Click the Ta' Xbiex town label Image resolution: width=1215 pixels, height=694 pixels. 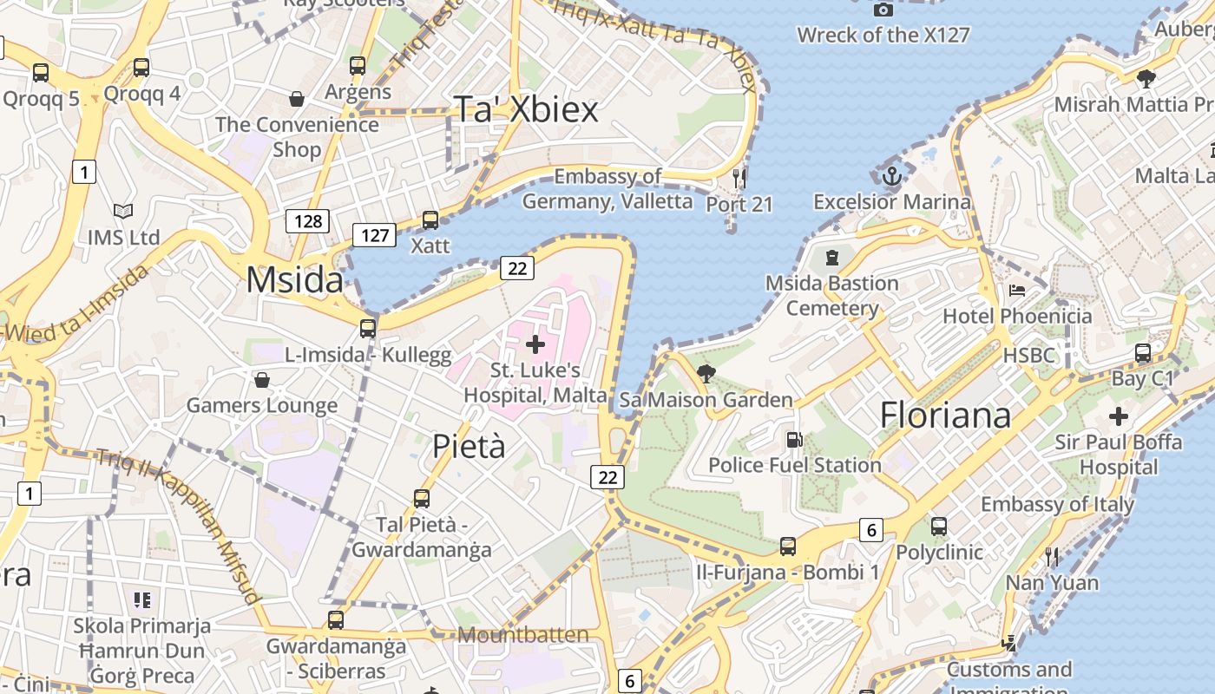tap(527, 110)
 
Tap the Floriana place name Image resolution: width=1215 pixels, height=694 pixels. tap(945, 415)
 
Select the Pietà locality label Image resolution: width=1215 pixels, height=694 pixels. tap(469, 446)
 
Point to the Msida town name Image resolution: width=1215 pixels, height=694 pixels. tap(294, 280)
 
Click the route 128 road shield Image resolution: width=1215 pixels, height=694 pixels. tap(308, 221)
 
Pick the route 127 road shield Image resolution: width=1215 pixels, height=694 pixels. tap(374, 234)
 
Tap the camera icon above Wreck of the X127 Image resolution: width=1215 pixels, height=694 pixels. tap(883, 10)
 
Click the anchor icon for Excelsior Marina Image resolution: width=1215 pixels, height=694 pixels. tap(892, 177)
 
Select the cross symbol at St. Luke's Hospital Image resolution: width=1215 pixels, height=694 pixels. tap(535, 344)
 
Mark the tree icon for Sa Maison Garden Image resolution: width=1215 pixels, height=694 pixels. tap(706, 374)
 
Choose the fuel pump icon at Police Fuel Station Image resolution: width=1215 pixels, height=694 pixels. tap(794, 440)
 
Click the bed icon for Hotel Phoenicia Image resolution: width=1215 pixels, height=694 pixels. tap(1017, 290)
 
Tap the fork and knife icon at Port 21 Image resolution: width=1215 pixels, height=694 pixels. tap(739, 179)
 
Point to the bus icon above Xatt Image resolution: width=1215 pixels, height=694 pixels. tap(430, 220)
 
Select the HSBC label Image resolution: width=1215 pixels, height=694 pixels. tap(1029, 355)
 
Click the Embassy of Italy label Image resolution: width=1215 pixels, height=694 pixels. tap(1057, 504)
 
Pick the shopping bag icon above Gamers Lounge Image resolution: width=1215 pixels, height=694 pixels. tap(261, 380)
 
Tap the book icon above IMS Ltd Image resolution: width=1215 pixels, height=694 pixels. tap(124, 211)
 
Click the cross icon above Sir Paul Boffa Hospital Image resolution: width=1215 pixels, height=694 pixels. tap(1118, 416)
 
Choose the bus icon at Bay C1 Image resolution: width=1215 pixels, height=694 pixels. tap(1143, 353)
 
